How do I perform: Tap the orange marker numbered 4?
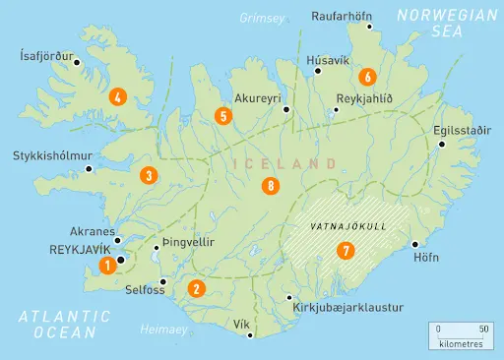point(118,96)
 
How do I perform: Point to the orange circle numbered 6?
point(367,76)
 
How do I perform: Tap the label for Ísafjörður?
point(46,56)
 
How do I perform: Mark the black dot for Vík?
point(251,335)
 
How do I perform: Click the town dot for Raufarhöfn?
point(370,27)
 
